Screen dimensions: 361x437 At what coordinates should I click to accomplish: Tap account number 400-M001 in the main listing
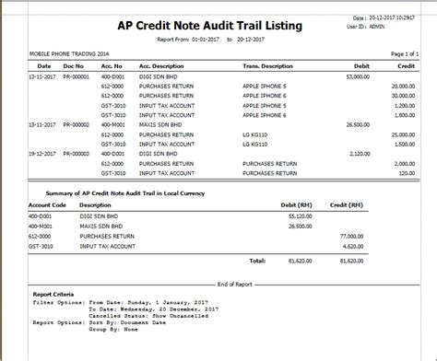click(x=113, y=122)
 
